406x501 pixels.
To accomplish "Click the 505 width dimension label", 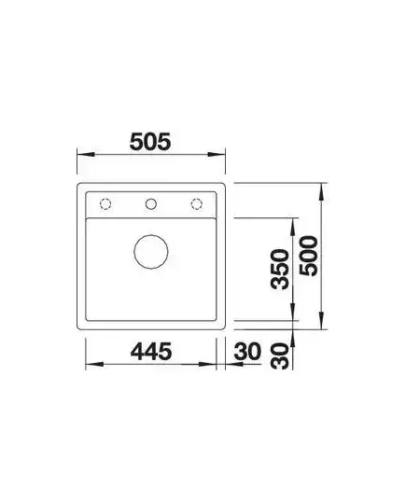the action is tap(150, 142).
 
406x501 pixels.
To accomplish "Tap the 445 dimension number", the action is tap(151, 351).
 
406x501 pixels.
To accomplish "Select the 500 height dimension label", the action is tap(309, 256).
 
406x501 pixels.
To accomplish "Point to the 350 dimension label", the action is tap(280, 270).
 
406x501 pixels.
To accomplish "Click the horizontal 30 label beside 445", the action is tap(247, 351).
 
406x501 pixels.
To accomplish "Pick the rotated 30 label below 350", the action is tap(280, 355).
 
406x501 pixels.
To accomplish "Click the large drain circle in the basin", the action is tap(151, 252).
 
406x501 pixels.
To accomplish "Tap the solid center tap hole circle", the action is tap(151, 203).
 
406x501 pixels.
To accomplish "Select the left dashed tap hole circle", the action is tap(105, 203).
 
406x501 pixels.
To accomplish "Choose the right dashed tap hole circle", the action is tap(197, 203).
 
